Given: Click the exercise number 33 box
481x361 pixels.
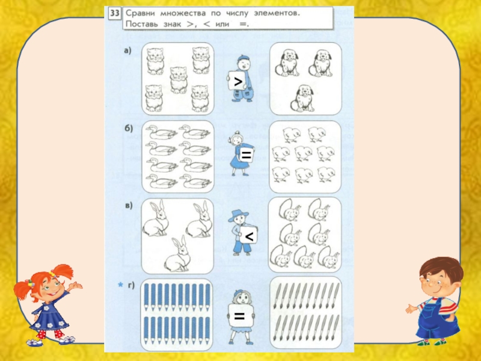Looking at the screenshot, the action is tap(114, 13).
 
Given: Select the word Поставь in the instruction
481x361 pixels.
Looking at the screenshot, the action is tap(142, 24).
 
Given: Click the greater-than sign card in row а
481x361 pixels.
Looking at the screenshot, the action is tap(237, 81).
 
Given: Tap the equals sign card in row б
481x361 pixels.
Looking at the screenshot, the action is tap(246, 155).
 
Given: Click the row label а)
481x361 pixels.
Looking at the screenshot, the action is tap(127, 51).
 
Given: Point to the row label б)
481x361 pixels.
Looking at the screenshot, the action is tap(129, 128).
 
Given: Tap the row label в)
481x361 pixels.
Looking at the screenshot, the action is tap(129, 205).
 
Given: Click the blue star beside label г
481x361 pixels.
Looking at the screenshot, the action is tap(121, 285).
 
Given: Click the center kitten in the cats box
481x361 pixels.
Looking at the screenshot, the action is tap(178, 80).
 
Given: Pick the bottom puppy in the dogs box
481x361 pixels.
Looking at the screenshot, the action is tap(302, 98).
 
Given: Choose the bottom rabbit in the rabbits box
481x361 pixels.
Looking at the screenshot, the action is tap(177, 254).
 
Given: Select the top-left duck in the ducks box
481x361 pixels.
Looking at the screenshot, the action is tap(161, 132).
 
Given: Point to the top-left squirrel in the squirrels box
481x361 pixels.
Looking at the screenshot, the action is tap(289, 209).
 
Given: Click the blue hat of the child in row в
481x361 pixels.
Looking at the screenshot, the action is tap(237, 215).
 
